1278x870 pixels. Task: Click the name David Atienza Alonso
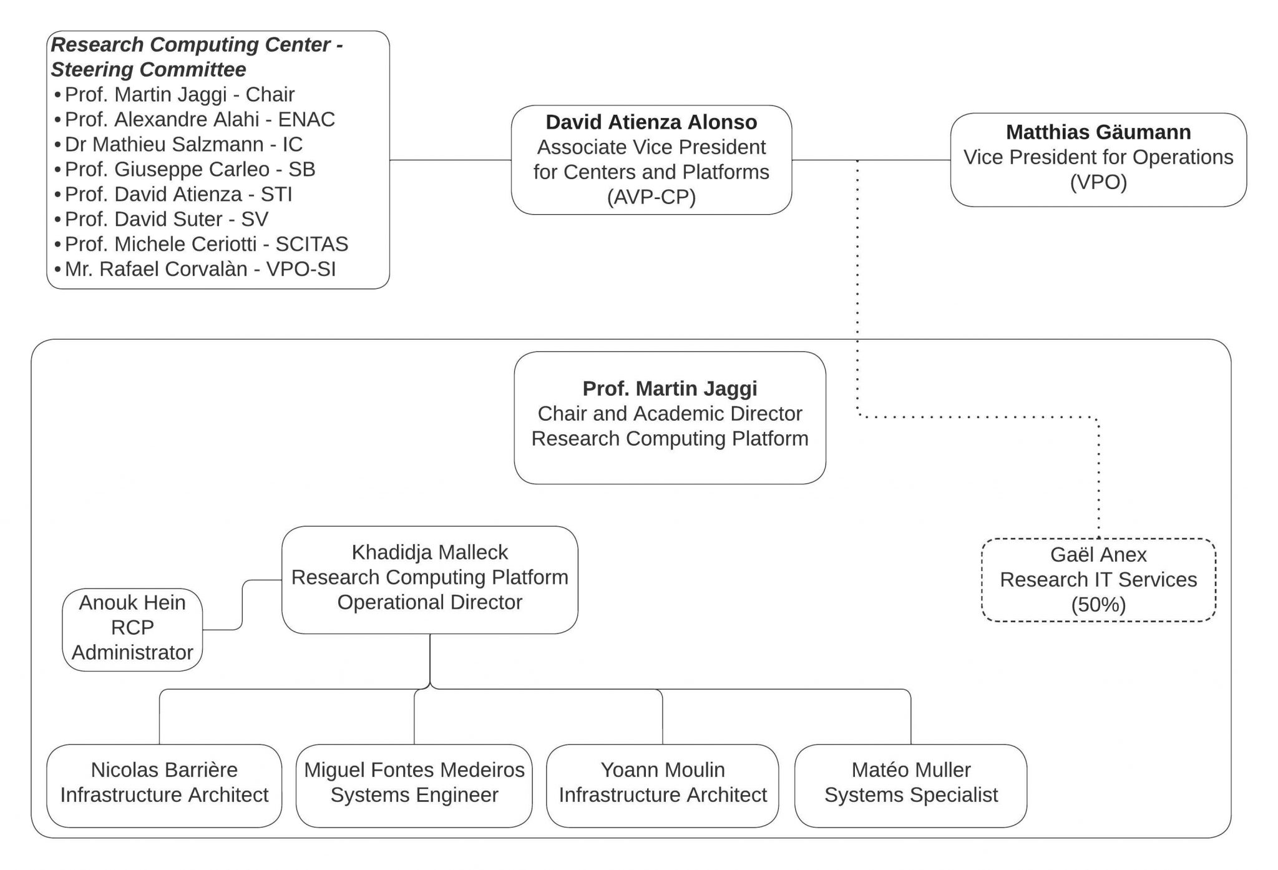[x=651, y=122]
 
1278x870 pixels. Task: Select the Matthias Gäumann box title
[x=1098, y=132]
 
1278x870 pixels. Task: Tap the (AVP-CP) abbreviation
[x=651, y=197]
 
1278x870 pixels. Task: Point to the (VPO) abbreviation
[x=1098, y=182]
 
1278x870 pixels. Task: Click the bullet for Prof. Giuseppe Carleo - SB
[x=58, y=170]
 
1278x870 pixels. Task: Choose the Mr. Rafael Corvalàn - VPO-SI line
[x=200, y=269]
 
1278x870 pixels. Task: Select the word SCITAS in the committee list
[x=311, y=244]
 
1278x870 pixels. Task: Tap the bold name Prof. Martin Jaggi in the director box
[x=670, y=388]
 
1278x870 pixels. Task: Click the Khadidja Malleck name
[x=429, y=552]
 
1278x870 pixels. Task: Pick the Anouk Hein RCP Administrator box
[x=132, y=629]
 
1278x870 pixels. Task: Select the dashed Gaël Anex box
[x=1098, y=580]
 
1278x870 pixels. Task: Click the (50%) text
[x=1098, y=605]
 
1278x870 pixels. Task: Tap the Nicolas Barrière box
[x=164, y=785]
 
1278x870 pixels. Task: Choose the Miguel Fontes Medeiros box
[x=414, y=785]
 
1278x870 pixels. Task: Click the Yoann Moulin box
[x=662, y=785]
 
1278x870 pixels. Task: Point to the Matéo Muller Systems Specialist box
[x=910, y=785]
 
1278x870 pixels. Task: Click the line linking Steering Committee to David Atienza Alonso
[x=450, y=160]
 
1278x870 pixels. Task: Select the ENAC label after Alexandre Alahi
[x=306, y=119]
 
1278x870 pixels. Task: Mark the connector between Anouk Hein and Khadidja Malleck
[x=242, y=605]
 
